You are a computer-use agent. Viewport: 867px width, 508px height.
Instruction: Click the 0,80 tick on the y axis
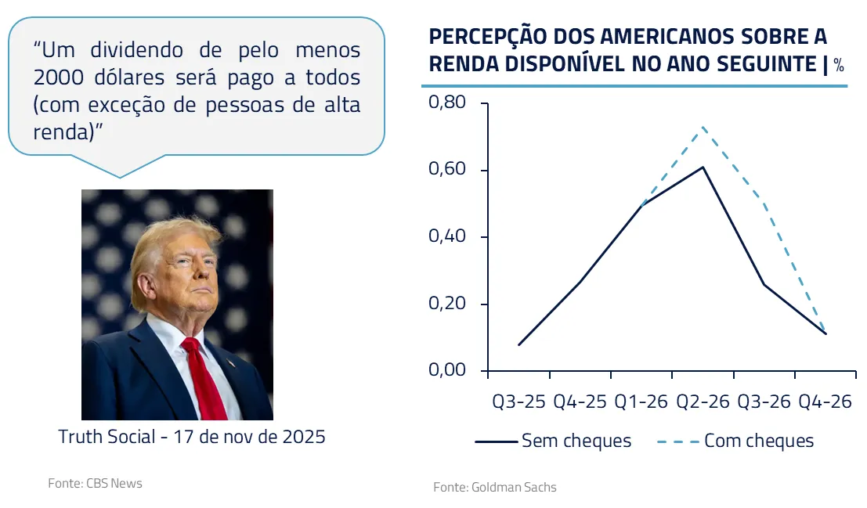point(447,103)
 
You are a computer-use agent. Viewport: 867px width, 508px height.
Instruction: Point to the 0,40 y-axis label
point(447,237)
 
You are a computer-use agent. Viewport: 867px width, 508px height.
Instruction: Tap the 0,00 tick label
point(447,370)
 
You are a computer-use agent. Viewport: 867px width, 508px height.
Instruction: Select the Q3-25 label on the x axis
point(518,402)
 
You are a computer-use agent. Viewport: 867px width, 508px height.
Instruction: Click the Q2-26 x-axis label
point(703,402)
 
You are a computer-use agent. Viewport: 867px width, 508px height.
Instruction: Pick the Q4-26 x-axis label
point(825,402)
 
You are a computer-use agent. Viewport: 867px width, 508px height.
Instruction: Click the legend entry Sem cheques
point(576,441)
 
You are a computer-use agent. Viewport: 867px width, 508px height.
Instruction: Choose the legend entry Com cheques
point(758,441)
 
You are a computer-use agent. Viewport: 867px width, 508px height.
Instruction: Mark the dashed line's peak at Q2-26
point(703,127)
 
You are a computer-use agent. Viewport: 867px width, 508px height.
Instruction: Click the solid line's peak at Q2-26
point(703,167)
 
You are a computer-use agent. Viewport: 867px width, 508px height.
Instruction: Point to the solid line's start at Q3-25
point(519,344)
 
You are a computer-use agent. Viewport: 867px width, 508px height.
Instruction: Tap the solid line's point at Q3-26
point(764,284)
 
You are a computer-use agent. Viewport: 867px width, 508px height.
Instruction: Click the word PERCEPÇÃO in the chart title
point(489,38)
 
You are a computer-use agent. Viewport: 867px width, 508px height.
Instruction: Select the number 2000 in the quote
point(60,77)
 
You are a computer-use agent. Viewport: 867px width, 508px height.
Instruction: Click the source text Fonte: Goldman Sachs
point(495,487)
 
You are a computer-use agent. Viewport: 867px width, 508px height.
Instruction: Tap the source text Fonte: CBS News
point(96,483)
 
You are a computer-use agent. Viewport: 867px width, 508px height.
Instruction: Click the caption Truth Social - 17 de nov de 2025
point(192,437)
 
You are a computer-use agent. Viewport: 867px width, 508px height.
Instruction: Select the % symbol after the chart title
point(839,66)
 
